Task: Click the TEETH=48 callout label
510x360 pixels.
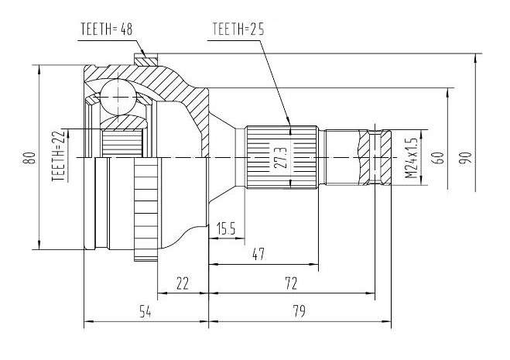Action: (106, 29)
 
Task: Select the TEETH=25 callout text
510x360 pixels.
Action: (238, 29)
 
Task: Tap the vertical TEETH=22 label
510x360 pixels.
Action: (59, 156)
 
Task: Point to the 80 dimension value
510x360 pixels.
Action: (31, 158)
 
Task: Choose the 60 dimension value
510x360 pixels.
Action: (439, 158)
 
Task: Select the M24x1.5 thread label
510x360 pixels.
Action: (412, 158)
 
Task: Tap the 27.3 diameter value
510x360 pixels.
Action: (281, 158)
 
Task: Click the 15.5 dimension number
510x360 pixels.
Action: (226, 228)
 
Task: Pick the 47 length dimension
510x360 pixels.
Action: (258, 254)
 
